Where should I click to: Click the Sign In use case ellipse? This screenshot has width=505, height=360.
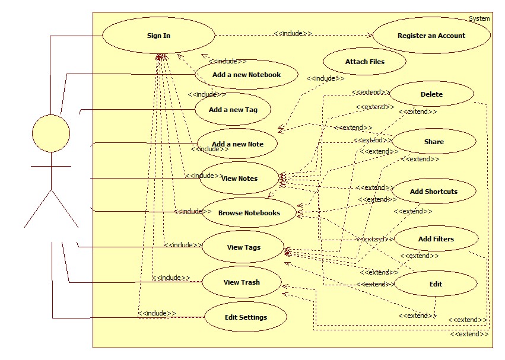[158, 36]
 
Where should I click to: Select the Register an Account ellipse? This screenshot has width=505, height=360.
[431, 36]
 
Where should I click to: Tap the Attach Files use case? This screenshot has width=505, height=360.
[364, 62]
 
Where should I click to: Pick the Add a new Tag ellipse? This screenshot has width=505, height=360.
[233, 110]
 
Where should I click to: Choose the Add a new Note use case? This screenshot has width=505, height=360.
[237, 144]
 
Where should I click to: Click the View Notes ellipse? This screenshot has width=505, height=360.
[239, 178]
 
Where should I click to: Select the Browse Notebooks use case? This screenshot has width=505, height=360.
[249, 212]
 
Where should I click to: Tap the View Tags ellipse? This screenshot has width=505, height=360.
[243, 247]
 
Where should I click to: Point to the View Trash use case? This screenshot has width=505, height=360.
[241, 282]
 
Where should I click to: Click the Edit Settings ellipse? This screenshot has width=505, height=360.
[246, 317]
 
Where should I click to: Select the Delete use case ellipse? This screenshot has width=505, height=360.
[431, 94]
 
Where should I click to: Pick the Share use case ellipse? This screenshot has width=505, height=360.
[434, 142]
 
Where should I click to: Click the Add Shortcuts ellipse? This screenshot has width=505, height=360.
[434, 192]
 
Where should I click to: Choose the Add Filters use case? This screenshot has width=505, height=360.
[436, 239]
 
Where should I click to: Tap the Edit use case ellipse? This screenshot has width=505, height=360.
[436, 284]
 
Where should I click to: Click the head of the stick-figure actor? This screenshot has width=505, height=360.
[50, 133]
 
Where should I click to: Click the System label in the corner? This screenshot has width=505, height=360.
[479, 18]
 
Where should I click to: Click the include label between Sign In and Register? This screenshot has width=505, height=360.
[293, 33]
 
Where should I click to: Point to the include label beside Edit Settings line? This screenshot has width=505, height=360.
[157, 313]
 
